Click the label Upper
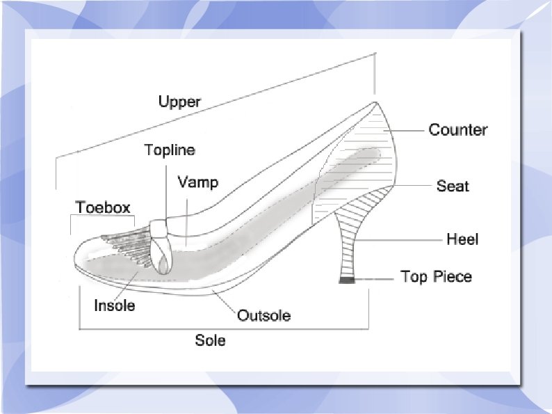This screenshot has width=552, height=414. coord(179,102)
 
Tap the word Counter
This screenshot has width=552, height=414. coord(457,129)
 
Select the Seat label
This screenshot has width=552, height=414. coord(453,186)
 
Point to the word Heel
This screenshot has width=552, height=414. coord(462,239)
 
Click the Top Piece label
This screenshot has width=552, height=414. coord(436,276)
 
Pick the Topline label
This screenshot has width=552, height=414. coord(170,150)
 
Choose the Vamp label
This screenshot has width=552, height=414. coord(197,182)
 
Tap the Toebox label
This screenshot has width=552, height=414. coord(103,207)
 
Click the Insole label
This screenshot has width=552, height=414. coord(114,305)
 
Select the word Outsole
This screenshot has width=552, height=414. coord(263,316)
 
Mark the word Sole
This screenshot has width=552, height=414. coord(210,340)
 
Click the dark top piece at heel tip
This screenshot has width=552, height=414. coord(346,280)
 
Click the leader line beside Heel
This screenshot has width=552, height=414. coord(404,239)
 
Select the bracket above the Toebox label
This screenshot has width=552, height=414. coord(102,217)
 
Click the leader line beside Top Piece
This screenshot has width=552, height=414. coord(375,277)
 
